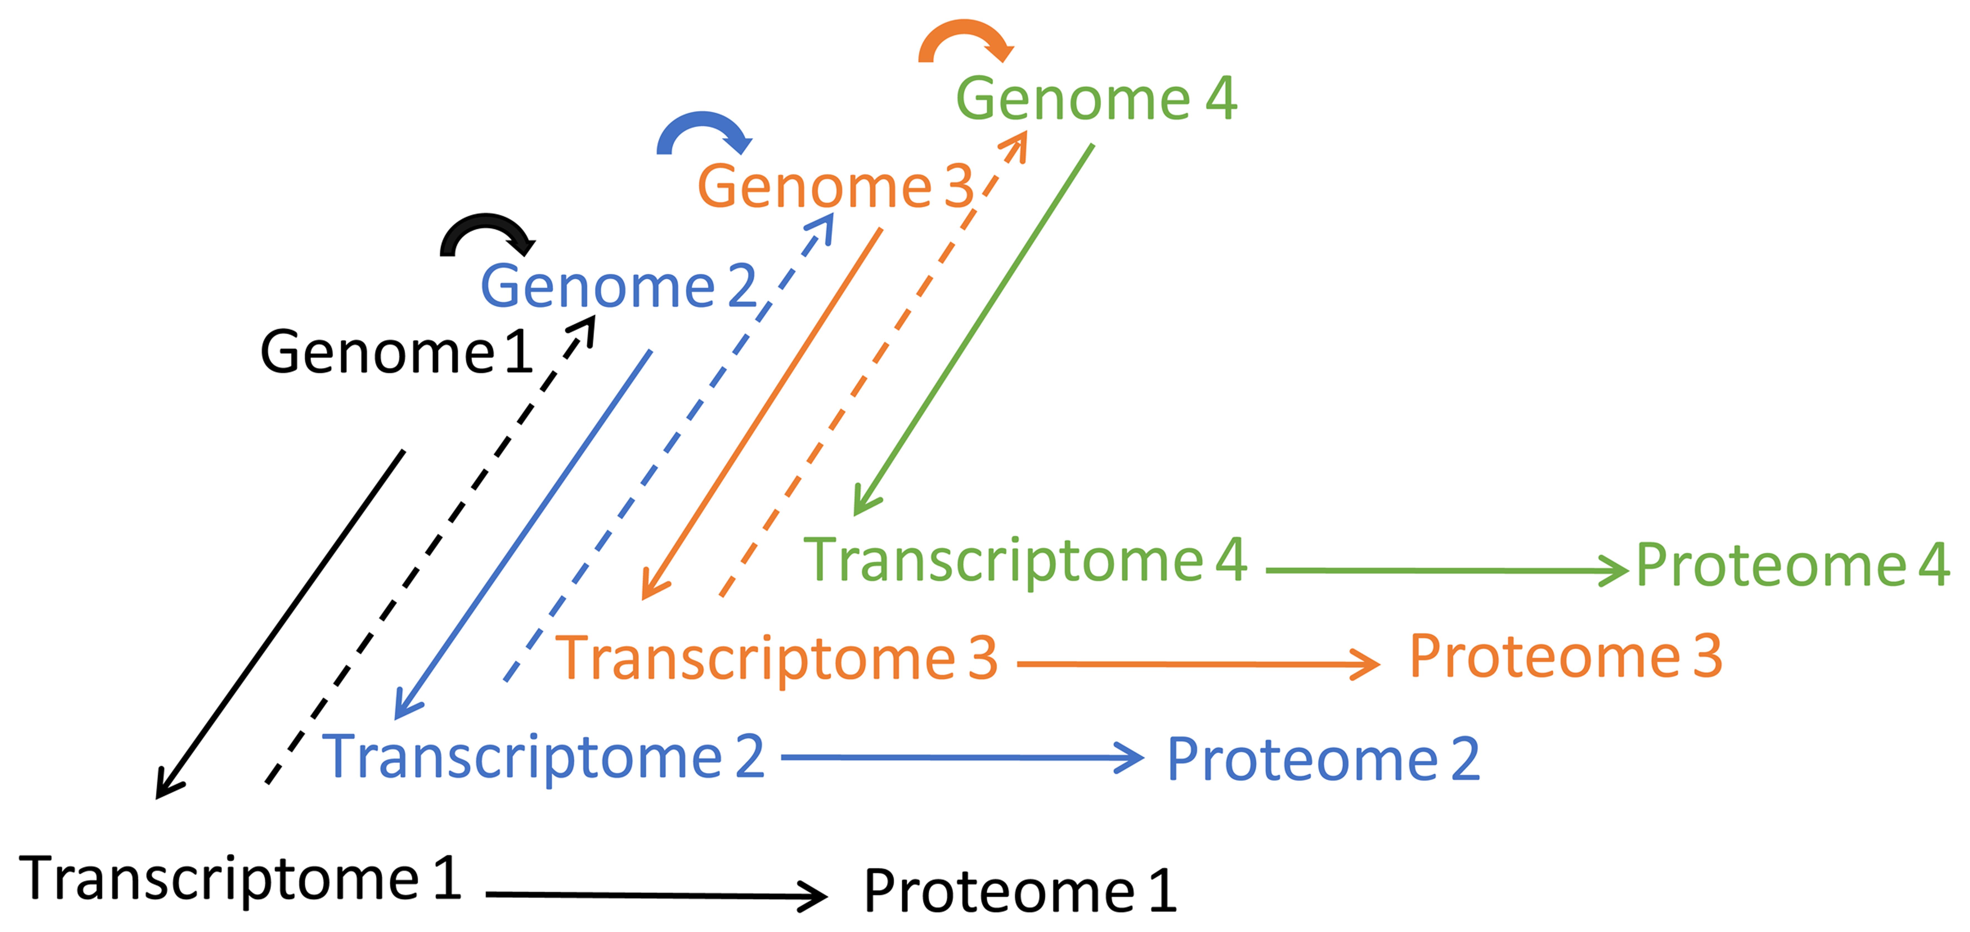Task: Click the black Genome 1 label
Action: coord(396,352)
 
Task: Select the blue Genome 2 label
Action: coord(618,286)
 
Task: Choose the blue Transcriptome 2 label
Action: coord(543,758)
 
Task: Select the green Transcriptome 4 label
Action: coord(1025,561)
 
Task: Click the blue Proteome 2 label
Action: coord(1323,760)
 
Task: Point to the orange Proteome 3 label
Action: coord(1566,657)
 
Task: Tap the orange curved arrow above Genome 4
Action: coord(965,38)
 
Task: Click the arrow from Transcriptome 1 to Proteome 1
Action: coord(656,894)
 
